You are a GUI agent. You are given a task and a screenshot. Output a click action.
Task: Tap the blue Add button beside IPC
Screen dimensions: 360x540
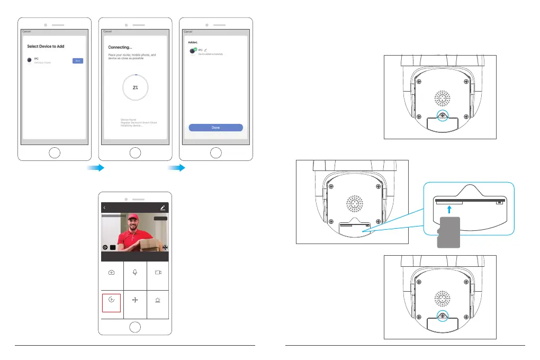click(x=78, y=61)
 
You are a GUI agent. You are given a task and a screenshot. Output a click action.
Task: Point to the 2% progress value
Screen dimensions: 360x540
click(x=136, y=87)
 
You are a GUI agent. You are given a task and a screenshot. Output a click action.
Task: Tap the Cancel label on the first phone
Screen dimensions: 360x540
click(x=26, y=31)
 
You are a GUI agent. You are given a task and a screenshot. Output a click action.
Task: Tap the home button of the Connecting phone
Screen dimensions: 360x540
click(x=136, y=154)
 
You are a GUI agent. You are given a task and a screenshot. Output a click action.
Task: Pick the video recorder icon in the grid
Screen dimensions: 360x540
click(x=158, y=272)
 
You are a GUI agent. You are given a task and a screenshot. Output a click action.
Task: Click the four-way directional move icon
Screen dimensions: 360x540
click(x=135, y=300)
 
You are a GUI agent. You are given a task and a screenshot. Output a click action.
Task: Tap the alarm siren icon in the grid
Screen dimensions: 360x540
click(x=158, y=299)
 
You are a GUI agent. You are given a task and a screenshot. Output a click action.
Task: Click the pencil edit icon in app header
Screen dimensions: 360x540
click(x=163, y=208)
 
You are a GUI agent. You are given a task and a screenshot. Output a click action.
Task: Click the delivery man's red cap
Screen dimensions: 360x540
click(x=130, y=217)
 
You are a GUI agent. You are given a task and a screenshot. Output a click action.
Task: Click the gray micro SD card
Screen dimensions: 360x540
click(x=448, y=232)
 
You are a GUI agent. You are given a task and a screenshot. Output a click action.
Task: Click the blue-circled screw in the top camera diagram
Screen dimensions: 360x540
click(x=440, y=116)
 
